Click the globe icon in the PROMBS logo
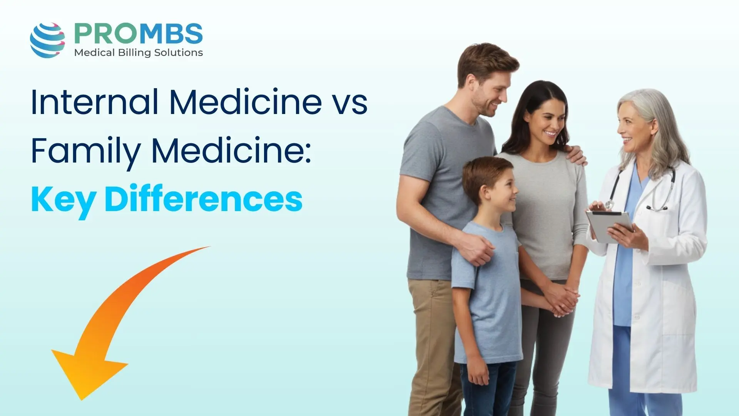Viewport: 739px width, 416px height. tap(47, 40)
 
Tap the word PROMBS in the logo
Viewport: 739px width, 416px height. tap(138, 34)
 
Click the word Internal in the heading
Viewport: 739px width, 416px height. tap(94, 102)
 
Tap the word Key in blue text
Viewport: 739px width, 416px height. tap(64, 200)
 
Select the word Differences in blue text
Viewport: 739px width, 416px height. tap(203, 199)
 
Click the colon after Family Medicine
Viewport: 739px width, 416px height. tap(308, 154)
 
